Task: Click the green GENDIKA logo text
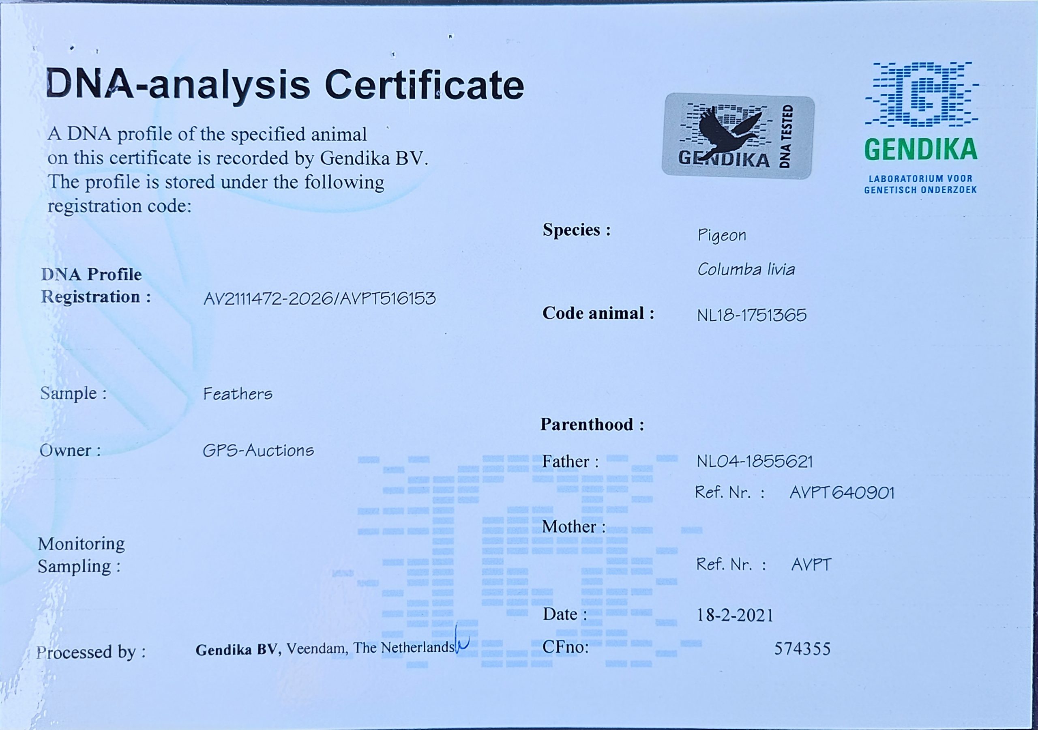921,150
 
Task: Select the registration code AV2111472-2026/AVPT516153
319,298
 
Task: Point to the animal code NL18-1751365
751,315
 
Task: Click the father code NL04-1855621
755,462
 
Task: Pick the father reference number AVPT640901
842,492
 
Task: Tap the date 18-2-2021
735,615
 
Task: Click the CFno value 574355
802,649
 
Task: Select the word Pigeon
722,235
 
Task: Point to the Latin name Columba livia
746,270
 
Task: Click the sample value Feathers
238,394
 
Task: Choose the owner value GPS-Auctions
258,451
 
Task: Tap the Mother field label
574,526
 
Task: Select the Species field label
577,230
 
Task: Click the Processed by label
91,652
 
